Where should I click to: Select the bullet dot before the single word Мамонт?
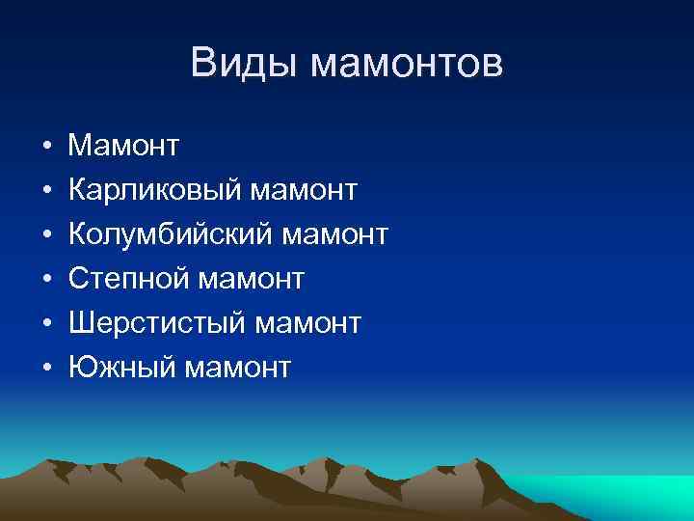[46, 148]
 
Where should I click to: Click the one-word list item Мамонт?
[123, 146]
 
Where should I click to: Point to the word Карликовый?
[154, 190]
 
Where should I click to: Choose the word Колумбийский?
[169, 234]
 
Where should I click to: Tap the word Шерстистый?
[156, 323]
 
